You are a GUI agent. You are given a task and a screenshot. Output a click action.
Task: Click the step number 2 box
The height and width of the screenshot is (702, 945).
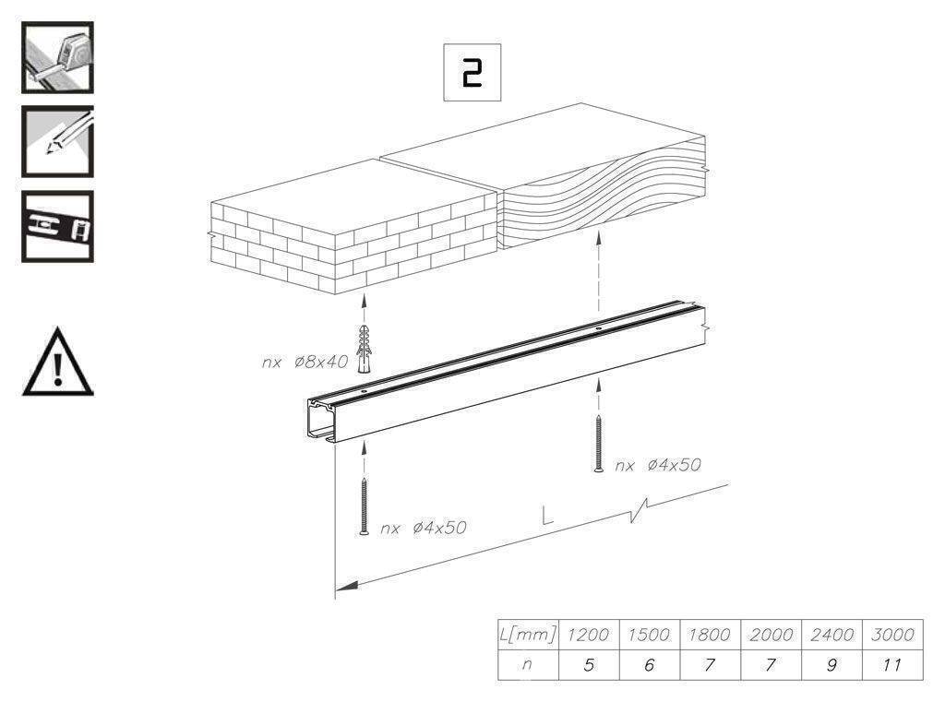pos(472,72)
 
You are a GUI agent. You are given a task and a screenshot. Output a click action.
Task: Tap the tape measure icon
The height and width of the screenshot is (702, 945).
pos(57,57)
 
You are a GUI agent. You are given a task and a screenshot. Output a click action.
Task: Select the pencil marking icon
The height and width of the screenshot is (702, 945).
pos(57,142)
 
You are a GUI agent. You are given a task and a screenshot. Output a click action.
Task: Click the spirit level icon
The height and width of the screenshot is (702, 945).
pos(57,227)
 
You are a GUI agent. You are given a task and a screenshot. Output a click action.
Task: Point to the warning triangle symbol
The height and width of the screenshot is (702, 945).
pos(58,362)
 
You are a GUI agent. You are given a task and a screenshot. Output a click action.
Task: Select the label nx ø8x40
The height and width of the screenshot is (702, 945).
pos(305,363)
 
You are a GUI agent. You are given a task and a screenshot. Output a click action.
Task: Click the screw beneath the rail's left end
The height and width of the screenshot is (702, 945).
pos(364,506)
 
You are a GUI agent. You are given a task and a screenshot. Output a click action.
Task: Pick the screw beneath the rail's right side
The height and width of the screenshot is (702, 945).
pos(598,444)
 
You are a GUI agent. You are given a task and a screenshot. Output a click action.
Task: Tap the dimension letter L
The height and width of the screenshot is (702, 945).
pos(546,516)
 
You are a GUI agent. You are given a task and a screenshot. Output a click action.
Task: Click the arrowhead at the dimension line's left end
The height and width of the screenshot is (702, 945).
pos(347,586)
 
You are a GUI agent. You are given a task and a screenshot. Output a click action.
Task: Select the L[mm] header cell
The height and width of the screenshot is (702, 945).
pos(528,635)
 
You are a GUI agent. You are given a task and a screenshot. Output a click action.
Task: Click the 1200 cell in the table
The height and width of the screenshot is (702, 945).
pos(589,635)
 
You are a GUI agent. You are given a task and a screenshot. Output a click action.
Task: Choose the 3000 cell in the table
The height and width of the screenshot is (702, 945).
pos(892,635)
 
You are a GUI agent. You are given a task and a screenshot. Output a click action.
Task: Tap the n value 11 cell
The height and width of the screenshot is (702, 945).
pos(892,665)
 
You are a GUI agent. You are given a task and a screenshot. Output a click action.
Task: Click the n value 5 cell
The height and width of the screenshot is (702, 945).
pos(589,665)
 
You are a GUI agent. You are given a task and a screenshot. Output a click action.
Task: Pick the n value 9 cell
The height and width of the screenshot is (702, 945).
pos(831,665)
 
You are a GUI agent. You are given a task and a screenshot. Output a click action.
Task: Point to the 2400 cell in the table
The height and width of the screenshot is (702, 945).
pos(831,635)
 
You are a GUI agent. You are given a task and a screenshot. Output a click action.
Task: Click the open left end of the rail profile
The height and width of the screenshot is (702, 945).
pos(322,421)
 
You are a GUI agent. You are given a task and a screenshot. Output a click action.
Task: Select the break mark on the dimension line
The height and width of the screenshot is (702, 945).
pos(639,510)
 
